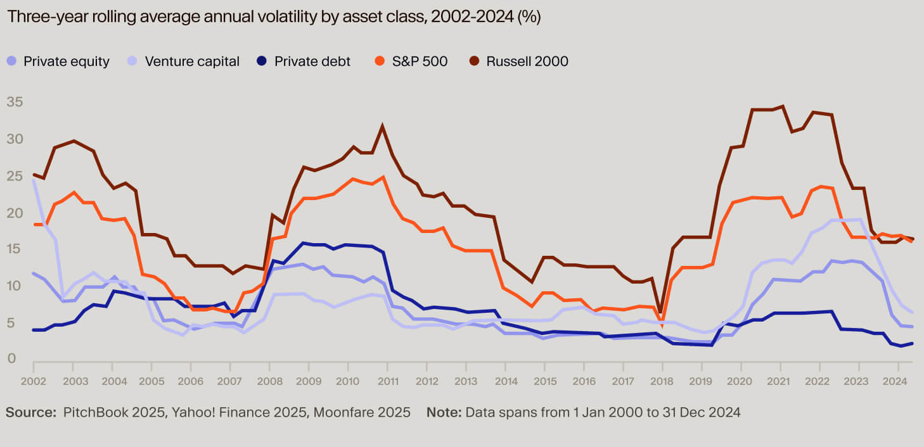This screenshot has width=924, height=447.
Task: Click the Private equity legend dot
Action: pyautogui.click(x=12, y=61)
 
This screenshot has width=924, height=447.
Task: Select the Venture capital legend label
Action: pyautogui.click(x=192, y=61)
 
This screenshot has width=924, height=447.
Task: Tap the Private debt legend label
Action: pyautogui.click(x=312, y=61)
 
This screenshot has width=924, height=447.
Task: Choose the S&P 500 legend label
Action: pyautogui.click(x=420, y=61)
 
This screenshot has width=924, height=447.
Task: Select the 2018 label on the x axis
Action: pyautogui.click(x=662, y=382)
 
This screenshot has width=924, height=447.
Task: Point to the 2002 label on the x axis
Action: pyautogui.click(x=33, y=382)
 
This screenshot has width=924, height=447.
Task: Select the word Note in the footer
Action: pyautogui.click(x=444, y=412)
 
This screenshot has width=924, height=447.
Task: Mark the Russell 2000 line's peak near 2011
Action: pyautogui.click(x=382, y=127)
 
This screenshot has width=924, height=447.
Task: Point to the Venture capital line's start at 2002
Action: pyautogui.click(x=33, y=180)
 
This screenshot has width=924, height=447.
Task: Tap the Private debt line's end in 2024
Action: pyautogui.click(x=912, y=343)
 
